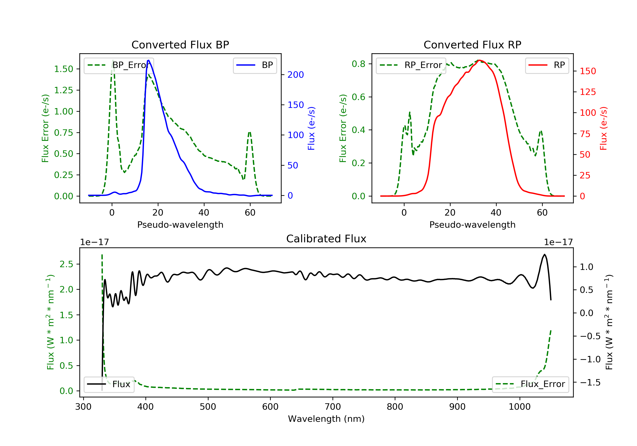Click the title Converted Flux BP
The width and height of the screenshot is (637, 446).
click(180, 45)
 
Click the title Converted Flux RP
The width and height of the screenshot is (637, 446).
click(472, 45)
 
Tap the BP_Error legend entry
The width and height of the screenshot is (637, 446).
click(119, 65)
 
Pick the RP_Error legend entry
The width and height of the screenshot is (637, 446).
click(411, 65)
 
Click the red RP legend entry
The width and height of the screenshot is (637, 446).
click(547, 65)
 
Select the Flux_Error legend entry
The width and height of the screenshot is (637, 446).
click(530, 384)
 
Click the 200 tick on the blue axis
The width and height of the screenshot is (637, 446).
click(295, 75)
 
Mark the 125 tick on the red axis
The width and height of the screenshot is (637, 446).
click(588, 92)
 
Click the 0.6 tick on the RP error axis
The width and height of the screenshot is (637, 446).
click(358, 97)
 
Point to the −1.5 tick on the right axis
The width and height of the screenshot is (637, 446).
click(590, 382)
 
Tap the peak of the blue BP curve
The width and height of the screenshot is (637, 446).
click(148, 60)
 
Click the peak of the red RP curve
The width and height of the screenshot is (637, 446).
click(479, 60)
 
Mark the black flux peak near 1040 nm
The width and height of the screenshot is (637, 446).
click(545, 254)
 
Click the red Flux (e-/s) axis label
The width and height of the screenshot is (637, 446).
click(603, 128)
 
